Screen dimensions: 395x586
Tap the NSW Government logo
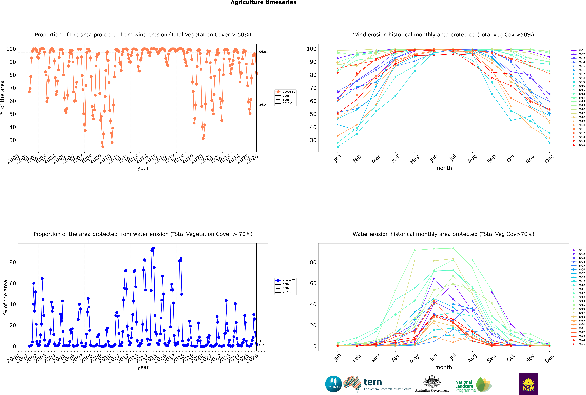528,384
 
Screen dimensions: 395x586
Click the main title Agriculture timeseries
263,3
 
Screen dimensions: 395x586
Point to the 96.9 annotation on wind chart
262,52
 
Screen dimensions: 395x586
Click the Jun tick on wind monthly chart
434,158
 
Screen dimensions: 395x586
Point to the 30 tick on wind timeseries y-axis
13,140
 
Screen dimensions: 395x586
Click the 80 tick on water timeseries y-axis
13,262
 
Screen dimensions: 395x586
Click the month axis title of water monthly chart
443,367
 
